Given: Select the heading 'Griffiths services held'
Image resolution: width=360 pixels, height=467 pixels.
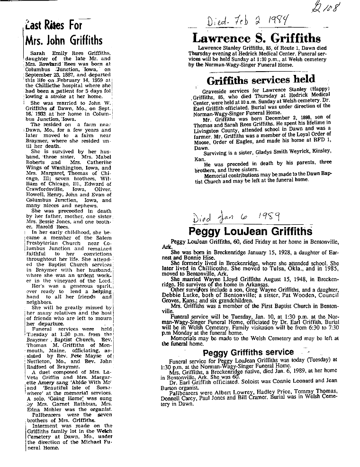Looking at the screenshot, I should click(x=261, y=80).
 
